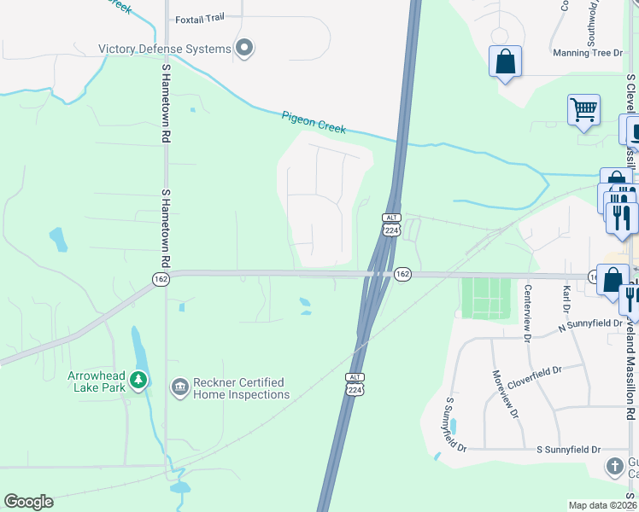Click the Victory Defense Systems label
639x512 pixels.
[x=165, y=49]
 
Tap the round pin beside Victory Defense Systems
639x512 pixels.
[x=244, y=49]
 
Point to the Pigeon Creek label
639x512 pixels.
[x=314, y=121]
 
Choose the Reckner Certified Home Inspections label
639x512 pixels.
[x=241, y=388]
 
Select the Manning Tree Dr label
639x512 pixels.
[x=589, y=53]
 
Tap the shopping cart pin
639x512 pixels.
[x=583, y=109]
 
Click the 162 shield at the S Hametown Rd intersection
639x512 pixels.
[x=161, y=280]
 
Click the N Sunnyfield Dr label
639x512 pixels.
[x=589, y=323]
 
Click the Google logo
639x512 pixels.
[x=28, y=502]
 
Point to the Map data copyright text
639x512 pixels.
[x=603, y=506]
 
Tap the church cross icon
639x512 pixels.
[x=615, y=466]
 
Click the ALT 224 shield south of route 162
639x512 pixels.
[x=355, y=384]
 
